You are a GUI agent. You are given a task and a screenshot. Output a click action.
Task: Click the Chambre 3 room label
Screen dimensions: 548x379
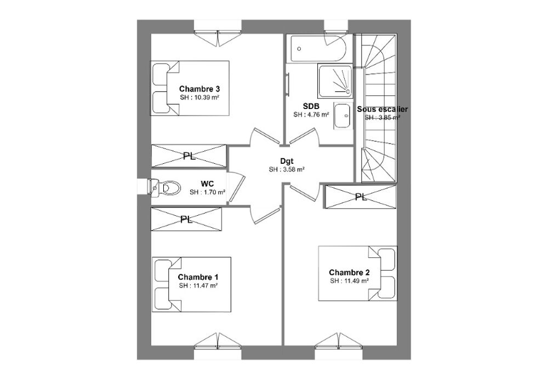click(199, 89)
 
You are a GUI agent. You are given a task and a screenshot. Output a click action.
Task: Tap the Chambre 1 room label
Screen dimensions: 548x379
click(198, 277)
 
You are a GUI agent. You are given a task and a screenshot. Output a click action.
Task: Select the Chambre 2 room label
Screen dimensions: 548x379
click(350, 272)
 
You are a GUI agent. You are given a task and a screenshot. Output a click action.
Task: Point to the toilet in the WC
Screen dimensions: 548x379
click(164, 188)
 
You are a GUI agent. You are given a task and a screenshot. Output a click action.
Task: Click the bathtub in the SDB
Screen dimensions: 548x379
click(316, 49)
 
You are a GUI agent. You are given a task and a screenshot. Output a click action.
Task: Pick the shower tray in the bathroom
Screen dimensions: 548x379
click(335, 81)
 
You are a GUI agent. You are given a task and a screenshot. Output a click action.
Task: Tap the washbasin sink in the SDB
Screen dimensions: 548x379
click(342, 116)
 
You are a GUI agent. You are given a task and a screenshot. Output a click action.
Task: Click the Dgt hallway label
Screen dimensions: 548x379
click(287, 162)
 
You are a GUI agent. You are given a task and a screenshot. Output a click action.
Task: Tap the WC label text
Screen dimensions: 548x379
click(207, 183)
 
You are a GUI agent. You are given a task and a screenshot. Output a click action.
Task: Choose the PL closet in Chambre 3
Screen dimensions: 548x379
click(189, 156)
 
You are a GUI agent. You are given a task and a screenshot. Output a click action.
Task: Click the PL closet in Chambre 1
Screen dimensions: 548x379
click(186, 219)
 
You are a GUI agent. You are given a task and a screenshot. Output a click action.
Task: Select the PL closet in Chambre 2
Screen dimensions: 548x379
click(361, 197)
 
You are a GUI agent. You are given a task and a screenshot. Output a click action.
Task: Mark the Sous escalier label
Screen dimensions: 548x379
click(382, 110)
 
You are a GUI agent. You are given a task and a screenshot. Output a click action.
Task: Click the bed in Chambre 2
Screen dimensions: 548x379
click(357, 273)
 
